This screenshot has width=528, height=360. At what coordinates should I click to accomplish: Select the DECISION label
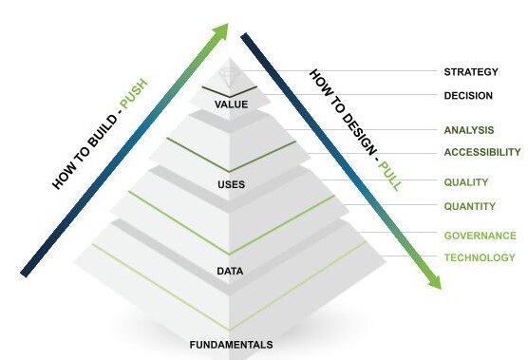click(468, 95)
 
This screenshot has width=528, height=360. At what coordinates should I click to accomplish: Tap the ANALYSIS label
click(468, 129)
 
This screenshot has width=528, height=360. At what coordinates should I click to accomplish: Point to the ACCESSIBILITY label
click(482, 152)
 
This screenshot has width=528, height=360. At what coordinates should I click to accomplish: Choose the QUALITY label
click(466, 182)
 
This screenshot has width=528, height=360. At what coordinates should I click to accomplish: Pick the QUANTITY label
click(469, 206)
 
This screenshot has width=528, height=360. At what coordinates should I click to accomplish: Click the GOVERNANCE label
click(480, 236)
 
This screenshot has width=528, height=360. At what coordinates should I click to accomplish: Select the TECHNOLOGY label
click(480, 257)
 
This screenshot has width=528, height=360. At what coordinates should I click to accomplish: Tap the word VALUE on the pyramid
click(232, 104)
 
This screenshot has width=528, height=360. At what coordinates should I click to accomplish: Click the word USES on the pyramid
click(232, 184)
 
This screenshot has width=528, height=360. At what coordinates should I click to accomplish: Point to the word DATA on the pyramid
click(231, 272)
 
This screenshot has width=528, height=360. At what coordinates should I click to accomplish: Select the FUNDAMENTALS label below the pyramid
click(231, 344)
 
